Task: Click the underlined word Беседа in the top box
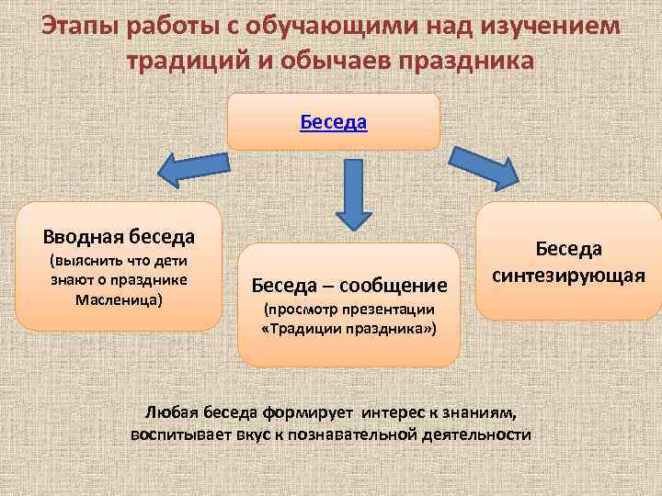[x=334, y=121]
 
